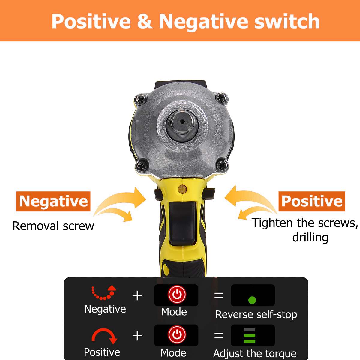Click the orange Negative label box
[x=53, y=201]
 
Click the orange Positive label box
[x=312, y=201]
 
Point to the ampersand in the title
[x=145, y=22]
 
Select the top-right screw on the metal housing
[x=221, y=97]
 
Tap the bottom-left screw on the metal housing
[x=140, y=165]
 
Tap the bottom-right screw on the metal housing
[x=222, y=164]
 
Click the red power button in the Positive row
[x=177, y=334]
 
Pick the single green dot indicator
[x=252, y=300]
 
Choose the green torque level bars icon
[x=250, y=336]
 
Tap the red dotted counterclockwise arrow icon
[x=104, y=293]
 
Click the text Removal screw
[x=53, y=226]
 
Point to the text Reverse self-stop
[x=256, y=314]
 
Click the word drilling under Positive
[x=310, y=238]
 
